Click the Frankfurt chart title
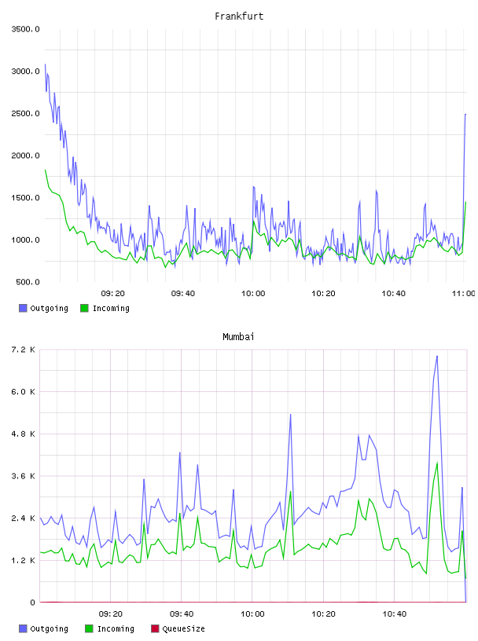pyautogui.click(x=239, y=16)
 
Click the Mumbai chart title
pyautogui.click(x=238, y=336)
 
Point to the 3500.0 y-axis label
pyautogui.click(x=25, y=29)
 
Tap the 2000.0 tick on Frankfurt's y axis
pyautogui.click(x=25, y=156)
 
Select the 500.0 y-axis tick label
pyautogui.click(x=28, y=282)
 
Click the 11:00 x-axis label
pyautogui.click(x=464, y=294)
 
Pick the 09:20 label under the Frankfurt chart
pyautogui.click(x=113, y=294)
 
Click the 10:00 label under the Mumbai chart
pyautogui.click(x=252, y=614)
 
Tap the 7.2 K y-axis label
pyautogui.click(x=23, y=350)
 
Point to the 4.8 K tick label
pyautogui.click(x=23, y=434)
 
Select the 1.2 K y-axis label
pyautogui.click(x=23, y=560)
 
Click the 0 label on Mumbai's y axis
pyautogui.click(x=33, y=603)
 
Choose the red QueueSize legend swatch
pyautogui.click(x=155, y=628)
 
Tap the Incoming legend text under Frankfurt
pyautogui.click(x=111, y=308)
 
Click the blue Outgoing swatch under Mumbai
pyautogui.click(x=23, y=628)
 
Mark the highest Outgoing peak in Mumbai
pyautogui.click(x=437, y=356)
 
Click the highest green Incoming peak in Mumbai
pyautogui.click(x=437, y=463)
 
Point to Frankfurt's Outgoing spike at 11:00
pyautogui.click(x=465, y=115)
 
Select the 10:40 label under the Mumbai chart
pyautogui.click(x=395, y=614)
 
